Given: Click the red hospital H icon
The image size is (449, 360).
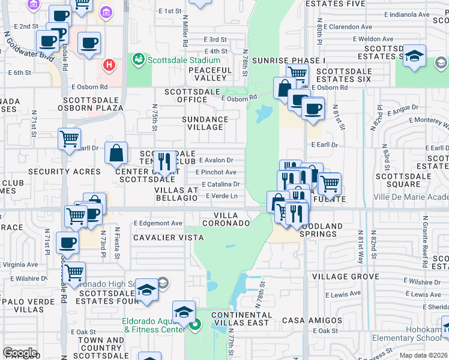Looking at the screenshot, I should (109, 64).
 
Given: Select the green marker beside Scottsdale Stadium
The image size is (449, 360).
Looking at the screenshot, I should (139, 59).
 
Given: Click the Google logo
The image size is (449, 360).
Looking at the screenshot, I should (20, 353).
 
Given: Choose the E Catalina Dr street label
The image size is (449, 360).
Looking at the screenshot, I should (221, 184).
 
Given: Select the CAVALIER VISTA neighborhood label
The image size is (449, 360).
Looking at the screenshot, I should (168, 238).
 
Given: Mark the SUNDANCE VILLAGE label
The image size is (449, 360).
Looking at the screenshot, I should (205, 123).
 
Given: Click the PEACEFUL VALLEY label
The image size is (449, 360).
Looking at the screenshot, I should (209, 74).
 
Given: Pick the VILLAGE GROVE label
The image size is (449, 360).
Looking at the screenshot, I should (345, 277).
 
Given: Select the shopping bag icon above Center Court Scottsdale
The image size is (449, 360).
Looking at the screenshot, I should (116, 153).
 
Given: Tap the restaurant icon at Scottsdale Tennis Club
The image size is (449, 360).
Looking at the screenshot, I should (162, 161).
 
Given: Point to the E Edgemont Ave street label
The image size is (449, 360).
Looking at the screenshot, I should (158, 223).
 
